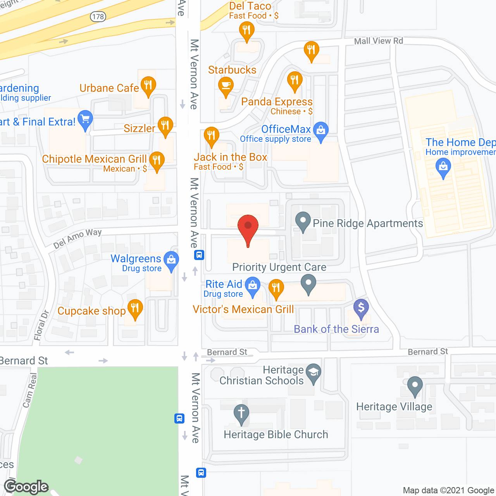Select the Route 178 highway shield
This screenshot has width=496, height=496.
tap(98, 17)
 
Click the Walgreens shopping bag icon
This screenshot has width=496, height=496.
tap(171, 260)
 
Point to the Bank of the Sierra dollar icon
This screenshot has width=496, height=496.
tap(361, 308)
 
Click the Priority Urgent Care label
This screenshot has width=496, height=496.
tap(279, 267)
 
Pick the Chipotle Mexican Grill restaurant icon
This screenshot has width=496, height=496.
tap(157, 160)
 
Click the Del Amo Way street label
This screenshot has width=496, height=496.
tap(77, 238)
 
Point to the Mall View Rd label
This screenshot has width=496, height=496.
tap(378, 41)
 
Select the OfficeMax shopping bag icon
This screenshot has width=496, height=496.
tap(321, 131)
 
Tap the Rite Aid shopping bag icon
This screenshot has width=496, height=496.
tap(253, 286)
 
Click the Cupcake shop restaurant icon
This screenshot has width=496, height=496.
tap(135, 308)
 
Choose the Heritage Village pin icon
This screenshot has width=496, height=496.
tap(415, 386)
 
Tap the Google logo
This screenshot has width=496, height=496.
tap(26, 487)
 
